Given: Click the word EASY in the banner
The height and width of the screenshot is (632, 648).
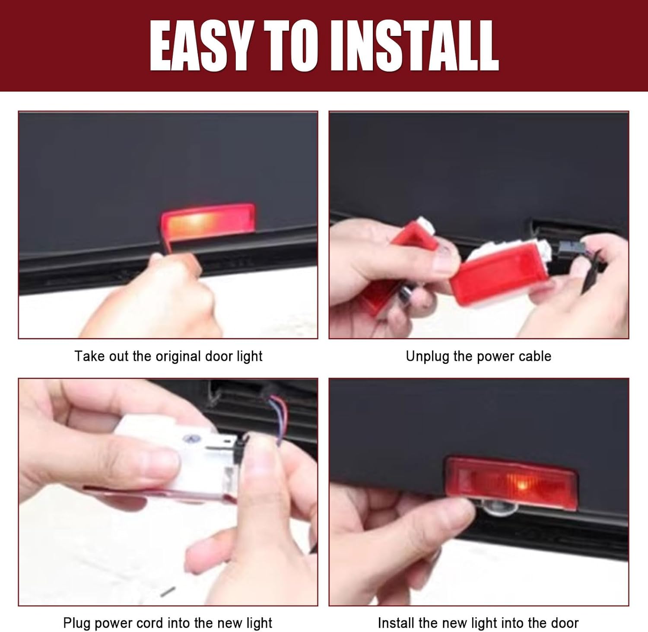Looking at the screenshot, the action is (x=200, y=45).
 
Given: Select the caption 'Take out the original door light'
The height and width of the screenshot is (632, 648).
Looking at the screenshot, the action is (x=168, y=356).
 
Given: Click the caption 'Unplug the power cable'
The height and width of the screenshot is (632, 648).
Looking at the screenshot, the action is (x=479, y=356).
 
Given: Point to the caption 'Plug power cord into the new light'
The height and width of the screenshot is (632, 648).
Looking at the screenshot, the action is (x=168, y=623).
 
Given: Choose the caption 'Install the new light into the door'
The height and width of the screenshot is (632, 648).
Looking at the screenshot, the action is (x=478, y=623).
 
